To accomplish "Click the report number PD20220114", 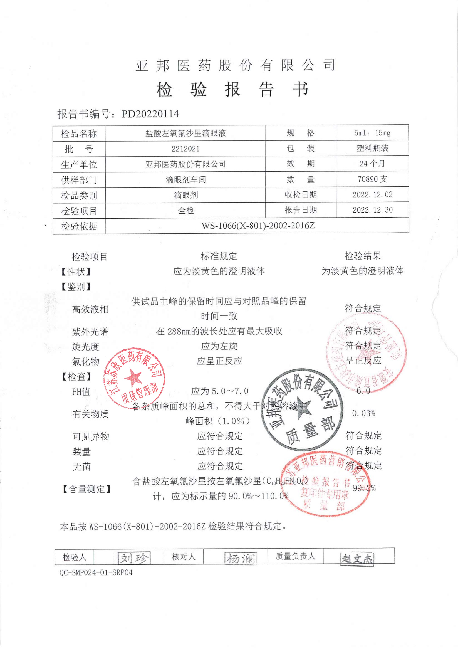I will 150,114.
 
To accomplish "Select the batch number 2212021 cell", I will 185,149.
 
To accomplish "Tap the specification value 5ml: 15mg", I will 372,133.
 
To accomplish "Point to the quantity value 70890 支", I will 372,179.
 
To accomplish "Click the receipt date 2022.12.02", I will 372,194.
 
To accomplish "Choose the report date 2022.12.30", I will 372,210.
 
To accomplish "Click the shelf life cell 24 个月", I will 372,164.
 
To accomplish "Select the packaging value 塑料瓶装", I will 372,148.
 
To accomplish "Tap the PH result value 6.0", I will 363,391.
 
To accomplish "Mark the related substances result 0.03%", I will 363,414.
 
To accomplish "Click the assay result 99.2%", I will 364,488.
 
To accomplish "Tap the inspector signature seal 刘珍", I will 134,558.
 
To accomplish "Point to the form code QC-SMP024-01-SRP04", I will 96,573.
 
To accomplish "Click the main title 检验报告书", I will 232,90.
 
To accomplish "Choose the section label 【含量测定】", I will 86,489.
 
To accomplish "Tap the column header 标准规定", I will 219,256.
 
